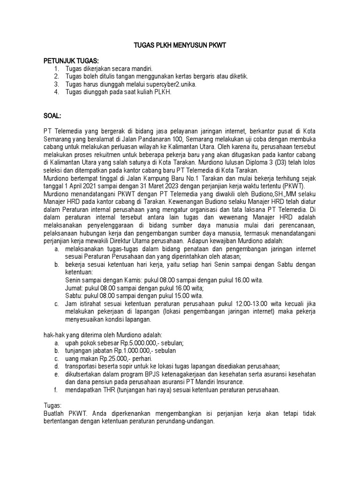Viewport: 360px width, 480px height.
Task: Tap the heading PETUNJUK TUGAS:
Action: [x=71, y=61]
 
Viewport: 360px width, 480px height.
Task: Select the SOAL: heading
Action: [x=52, y=115]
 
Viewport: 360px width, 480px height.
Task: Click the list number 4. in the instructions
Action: [x=56, y=91]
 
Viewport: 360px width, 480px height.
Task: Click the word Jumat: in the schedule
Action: [x=75, y=288]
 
